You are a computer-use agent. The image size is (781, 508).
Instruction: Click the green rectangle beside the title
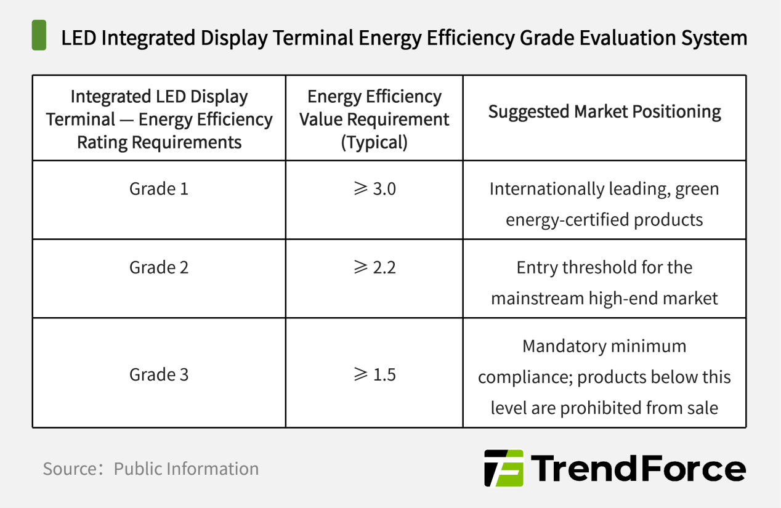tap(39, 35)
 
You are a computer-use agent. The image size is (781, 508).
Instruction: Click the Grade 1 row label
tap(159, 188)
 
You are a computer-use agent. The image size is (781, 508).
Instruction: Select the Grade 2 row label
tap(159, 267)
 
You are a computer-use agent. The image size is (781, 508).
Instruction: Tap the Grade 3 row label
tap(159, 374)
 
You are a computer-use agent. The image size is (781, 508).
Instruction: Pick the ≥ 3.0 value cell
tap(374, 188)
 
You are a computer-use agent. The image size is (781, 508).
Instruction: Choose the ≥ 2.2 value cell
tap(374, 267)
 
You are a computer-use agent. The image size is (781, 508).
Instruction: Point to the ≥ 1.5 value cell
tap(374, 374)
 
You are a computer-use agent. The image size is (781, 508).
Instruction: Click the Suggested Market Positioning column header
tap(604, 111)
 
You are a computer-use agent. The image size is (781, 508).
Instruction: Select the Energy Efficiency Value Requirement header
tap(374, 119)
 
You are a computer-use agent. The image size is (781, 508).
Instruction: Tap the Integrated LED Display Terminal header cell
tap(159, 119)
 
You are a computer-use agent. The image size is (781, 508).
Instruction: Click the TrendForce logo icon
tap(503, 469)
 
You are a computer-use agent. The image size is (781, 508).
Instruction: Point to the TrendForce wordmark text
tap(638, 469)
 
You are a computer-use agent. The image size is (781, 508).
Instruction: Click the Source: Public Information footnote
tap(151, 469)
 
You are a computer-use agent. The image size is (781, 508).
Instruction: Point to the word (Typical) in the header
tap(374, 142)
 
